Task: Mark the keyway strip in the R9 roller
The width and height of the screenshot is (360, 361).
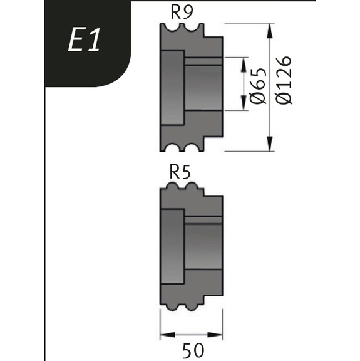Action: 203,61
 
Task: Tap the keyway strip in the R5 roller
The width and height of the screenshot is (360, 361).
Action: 203,220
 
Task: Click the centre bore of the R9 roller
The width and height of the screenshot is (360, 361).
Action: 203,88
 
